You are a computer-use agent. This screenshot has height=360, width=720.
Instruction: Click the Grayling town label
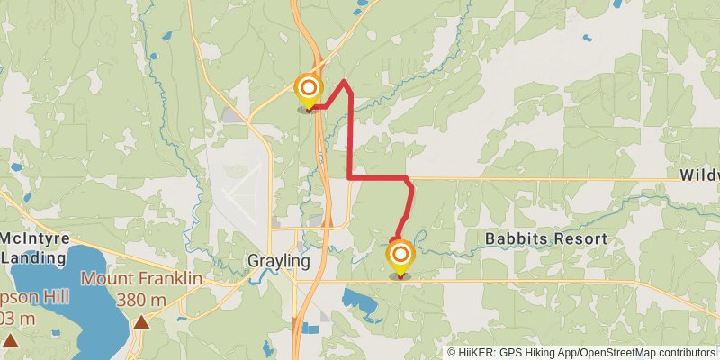(279, 262)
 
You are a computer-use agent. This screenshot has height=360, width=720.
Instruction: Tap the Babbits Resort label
(546, 239)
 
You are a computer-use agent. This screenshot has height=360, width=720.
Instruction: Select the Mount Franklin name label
(141, 278)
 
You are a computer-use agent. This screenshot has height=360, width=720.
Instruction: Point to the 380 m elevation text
(141, 300)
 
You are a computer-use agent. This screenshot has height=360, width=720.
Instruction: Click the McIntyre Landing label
(36, 247)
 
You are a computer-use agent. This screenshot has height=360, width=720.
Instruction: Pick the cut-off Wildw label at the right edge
(699, 175)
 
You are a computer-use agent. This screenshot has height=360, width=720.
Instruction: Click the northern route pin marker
(309, 88)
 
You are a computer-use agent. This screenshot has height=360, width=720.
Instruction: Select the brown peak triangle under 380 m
(141, 321)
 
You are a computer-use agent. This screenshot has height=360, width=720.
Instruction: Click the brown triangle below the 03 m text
(10, 339)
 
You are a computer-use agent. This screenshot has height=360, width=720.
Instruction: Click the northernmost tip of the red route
(345, 81)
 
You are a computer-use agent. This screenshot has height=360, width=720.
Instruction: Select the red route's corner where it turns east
(349, 178)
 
